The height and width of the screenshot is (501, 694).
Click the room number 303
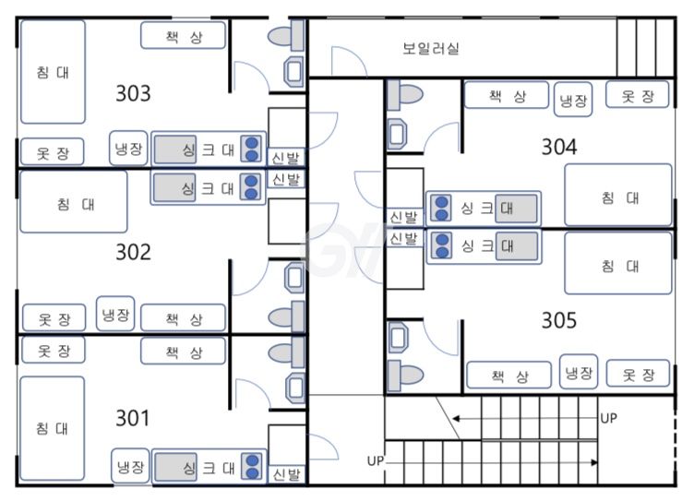[133, 93]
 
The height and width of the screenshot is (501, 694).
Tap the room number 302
[133, 252]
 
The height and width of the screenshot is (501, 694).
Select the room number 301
[133, 418]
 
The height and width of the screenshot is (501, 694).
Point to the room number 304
[558, 147]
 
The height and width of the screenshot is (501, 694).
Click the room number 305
[558, 320]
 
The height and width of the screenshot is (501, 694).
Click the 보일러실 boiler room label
[431, 47]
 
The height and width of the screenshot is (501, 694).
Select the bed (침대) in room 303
[53, 72]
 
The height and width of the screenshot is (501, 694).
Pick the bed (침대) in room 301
[53, 428]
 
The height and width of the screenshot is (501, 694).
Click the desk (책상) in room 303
[183, 36]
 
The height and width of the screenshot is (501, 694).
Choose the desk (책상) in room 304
[508, 96]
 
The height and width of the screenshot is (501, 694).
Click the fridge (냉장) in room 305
[580, 372]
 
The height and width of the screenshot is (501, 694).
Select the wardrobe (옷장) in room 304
[637, 95]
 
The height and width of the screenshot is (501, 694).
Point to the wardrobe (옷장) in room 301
[53, 351]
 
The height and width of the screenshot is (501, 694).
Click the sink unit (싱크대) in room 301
[207, 467]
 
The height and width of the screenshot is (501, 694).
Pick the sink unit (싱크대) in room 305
[482, 246]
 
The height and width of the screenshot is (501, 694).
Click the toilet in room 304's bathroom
[404, 95]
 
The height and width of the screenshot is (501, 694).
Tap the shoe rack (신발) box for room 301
[286, 475]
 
